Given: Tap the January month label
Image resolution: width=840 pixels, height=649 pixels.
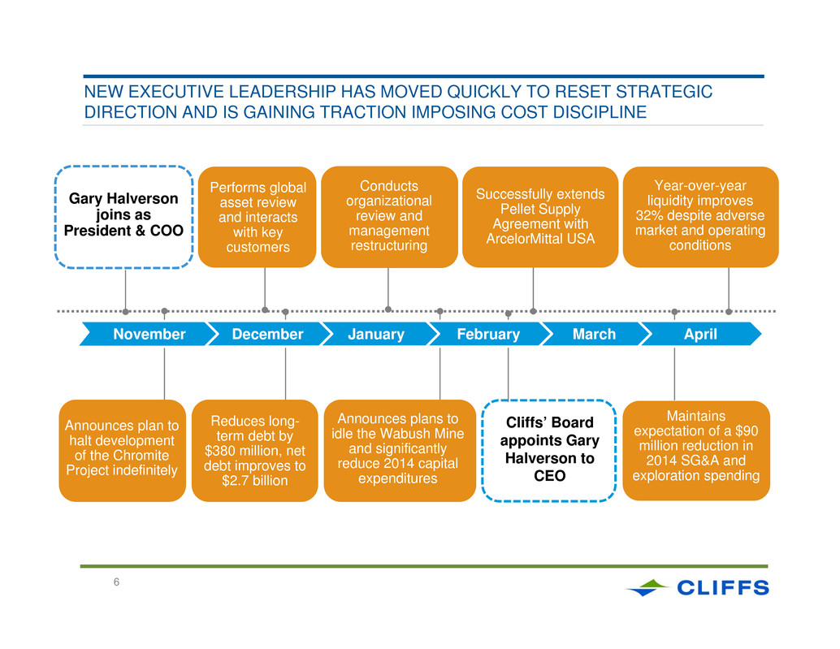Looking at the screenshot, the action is tap(376, 334).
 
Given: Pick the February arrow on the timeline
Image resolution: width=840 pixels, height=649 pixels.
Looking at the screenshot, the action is tap(488, 334).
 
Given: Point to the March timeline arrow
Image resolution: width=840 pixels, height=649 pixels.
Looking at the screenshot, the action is tap(594, 334).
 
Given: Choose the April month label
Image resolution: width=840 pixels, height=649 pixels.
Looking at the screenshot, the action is tap(700, 334).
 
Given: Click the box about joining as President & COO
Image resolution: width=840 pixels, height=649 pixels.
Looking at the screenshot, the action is tap(123, 217).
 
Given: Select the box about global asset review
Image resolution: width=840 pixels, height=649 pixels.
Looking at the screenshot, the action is tap(258, 217).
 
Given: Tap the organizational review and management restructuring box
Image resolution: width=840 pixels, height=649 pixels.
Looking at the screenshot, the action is tap(389, 217).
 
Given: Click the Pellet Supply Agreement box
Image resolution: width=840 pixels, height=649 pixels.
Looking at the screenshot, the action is tap(540, 217).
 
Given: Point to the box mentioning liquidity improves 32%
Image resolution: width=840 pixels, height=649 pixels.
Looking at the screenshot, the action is tap(701, 217).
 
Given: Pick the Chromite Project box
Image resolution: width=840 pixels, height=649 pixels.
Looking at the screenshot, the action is tap(122, 450).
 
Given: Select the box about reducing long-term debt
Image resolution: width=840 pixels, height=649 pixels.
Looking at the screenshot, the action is tap(254, 450).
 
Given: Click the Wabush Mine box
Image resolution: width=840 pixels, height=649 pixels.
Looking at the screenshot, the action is tap(400, 450).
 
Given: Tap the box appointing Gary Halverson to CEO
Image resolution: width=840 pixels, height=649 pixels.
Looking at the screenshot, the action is tap(549, 450).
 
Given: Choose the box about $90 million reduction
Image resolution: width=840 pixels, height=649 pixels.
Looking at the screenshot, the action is tap(696, 450).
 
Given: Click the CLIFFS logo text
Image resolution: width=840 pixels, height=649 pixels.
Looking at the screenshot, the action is tap(723, 588).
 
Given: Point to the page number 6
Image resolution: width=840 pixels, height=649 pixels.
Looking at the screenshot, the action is tap(116, 582).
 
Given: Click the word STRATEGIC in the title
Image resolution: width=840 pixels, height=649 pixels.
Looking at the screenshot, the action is tap(665, 92).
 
